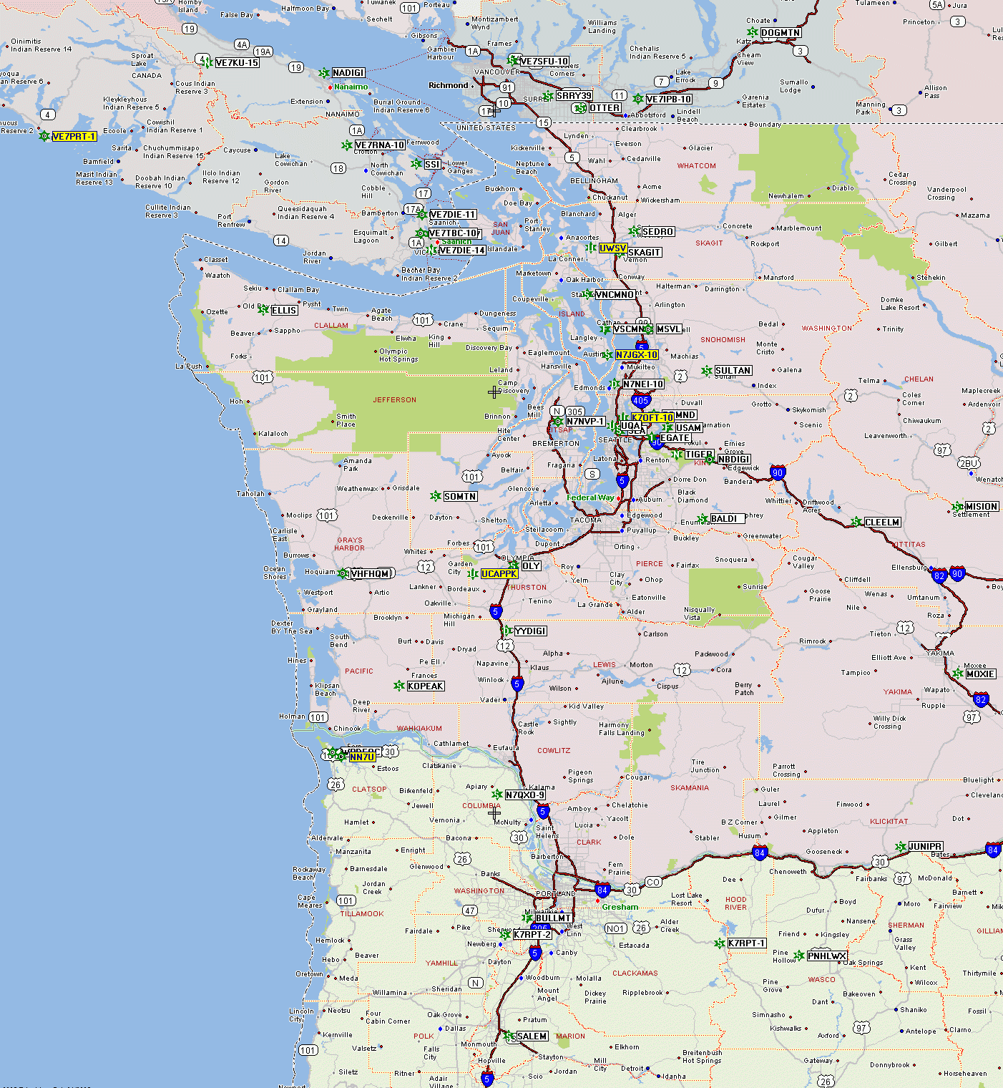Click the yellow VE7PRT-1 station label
click(74, 137)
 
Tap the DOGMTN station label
click(781, 33)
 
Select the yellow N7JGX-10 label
click(637, 355)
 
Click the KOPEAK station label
click(426, 686)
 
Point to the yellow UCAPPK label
click(499, 574)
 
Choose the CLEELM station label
click(882, 523)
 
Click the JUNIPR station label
click(925, 847)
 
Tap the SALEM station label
click(532, 1036)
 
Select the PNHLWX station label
click(827, 956)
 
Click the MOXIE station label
click(980, 674)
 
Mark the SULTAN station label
click(733, 371)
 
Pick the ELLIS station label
click(284, 311)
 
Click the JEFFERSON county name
click(394, 400)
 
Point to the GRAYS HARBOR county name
click(349, 544)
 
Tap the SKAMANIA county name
click(690, 788)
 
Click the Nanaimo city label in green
click(351, 87)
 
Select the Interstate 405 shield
click(640, 401)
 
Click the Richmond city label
click(448, 86)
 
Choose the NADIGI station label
click(348, 73)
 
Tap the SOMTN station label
click(460, 497)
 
